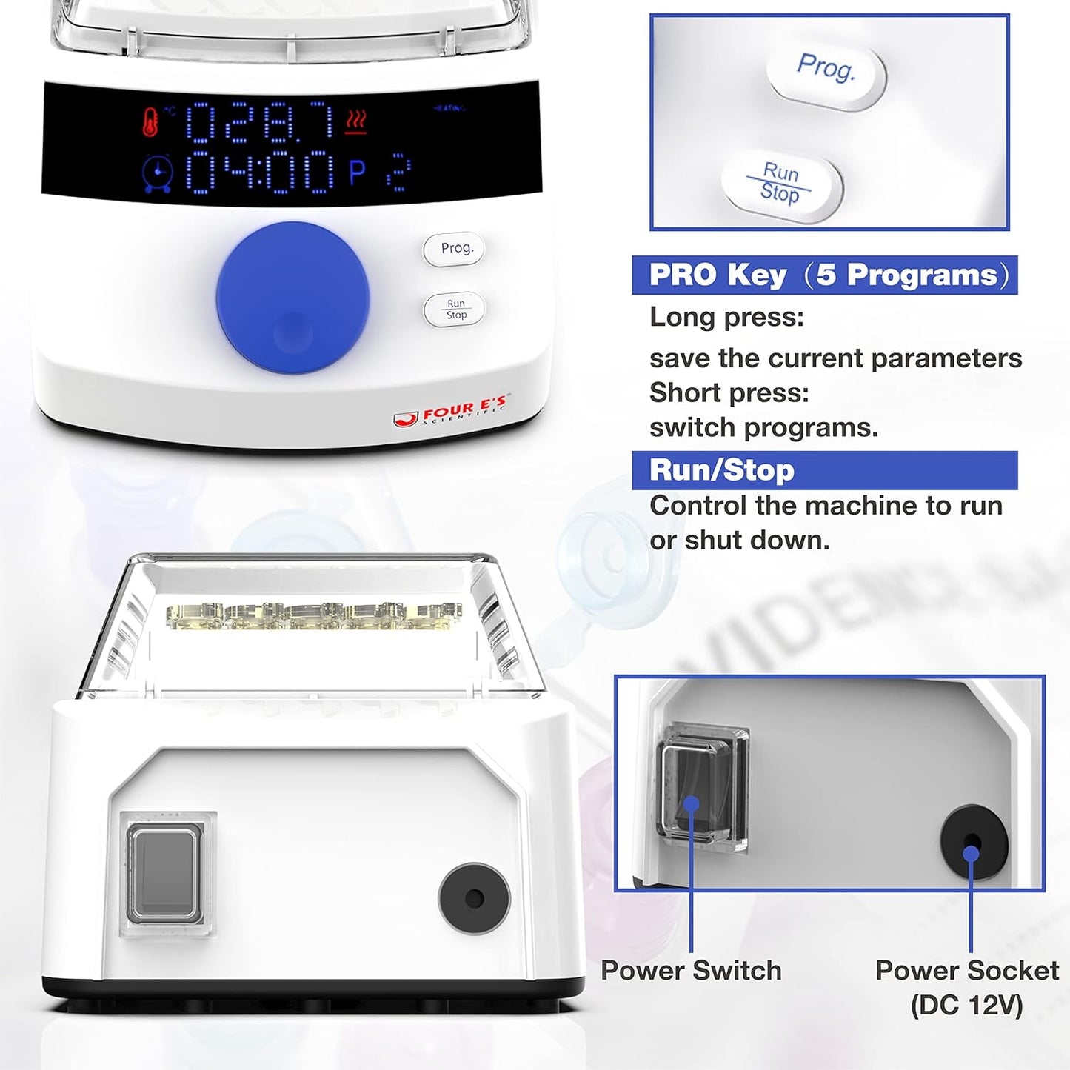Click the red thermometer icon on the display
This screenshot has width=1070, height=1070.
tap(150, 122)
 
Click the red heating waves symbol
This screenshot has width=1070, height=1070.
tap(356, 121)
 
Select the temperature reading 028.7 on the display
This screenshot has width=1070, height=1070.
tap(259, 122)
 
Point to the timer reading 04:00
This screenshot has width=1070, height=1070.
tap(259, 172)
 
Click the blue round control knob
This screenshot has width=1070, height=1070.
tap(292, 298)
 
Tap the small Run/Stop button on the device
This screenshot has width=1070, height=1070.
tap(455, 310)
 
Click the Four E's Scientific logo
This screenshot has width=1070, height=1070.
tap(451, 412)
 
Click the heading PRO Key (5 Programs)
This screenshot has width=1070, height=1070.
tap(824, 275)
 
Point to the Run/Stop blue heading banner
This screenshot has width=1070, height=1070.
tap(824, 470)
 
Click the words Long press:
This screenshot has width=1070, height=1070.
tap(726, 317)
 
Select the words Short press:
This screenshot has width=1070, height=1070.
tap(729, 392)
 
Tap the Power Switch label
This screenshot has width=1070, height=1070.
tap(691, 970)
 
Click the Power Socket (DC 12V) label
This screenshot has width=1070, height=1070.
tap(966, 986)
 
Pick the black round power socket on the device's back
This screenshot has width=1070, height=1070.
tap(474, 899)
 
